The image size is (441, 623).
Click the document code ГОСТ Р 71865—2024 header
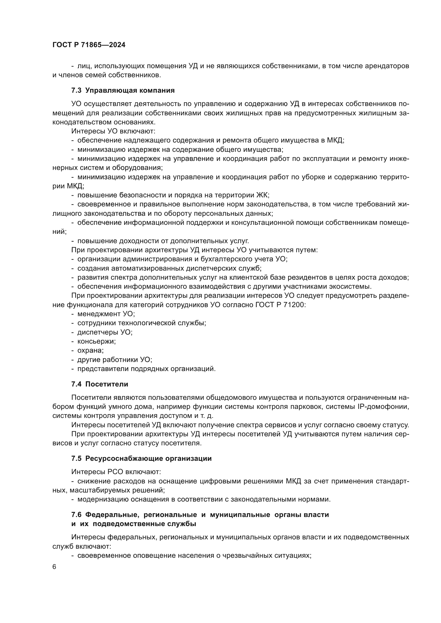click(x=89, y=45)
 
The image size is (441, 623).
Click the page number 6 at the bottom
click(x=54, y=567)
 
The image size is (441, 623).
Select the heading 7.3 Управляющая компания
click(x=123, y=91)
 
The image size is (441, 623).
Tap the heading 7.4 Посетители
click(x=100, y=384)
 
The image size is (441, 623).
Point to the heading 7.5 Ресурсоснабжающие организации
click(x=141, y=459)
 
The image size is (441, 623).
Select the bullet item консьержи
click(x=97, y=341)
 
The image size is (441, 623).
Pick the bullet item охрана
click(x=90, y=351)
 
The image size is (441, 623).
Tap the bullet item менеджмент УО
click(x=106, y=314)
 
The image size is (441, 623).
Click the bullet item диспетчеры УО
click(x=105, y=332)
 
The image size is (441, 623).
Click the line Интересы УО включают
click(x=113, y=131)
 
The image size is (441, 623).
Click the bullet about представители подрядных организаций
click(x=146, y=369)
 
